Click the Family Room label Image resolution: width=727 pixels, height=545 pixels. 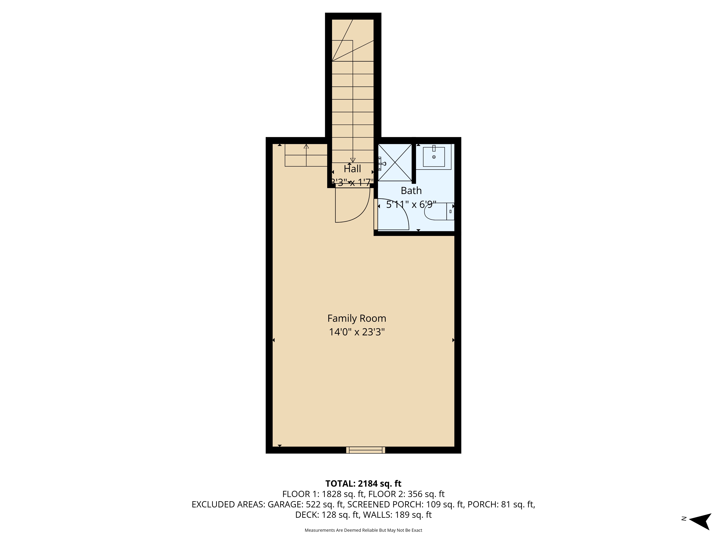357,318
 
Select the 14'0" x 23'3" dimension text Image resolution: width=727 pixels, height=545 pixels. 357,332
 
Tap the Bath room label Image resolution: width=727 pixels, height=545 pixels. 411,191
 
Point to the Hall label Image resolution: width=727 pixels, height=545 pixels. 352,169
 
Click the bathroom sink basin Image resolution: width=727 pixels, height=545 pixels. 434,157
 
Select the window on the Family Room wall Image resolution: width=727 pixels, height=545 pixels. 365,450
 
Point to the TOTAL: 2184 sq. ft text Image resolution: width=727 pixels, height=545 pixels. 363,484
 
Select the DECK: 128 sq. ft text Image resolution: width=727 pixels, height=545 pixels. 327,515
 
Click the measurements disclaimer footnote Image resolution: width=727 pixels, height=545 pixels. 363,530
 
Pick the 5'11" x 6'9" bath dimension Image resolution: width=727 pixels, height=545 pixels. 411,205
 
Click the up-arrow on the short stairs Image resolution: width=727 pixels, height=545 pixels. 306,147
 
